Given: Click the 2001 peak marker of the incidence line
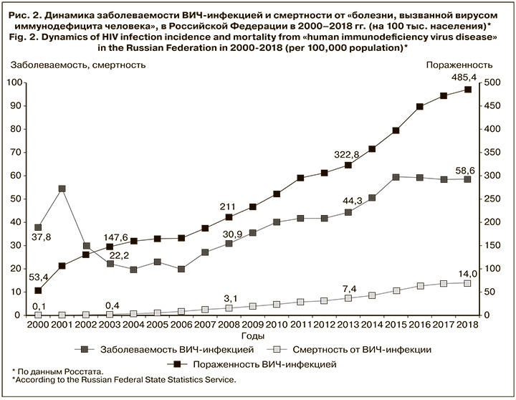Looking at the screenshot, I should (62, 189).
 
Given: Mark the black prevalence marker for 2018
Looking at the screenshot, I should (467, 90).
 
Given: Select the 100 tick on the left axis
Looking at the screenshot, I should (16, 82).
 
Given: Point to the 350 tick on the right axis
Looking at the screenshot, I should (491, 153).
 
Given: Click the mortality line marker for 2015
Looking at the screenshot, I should (396, 291).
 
